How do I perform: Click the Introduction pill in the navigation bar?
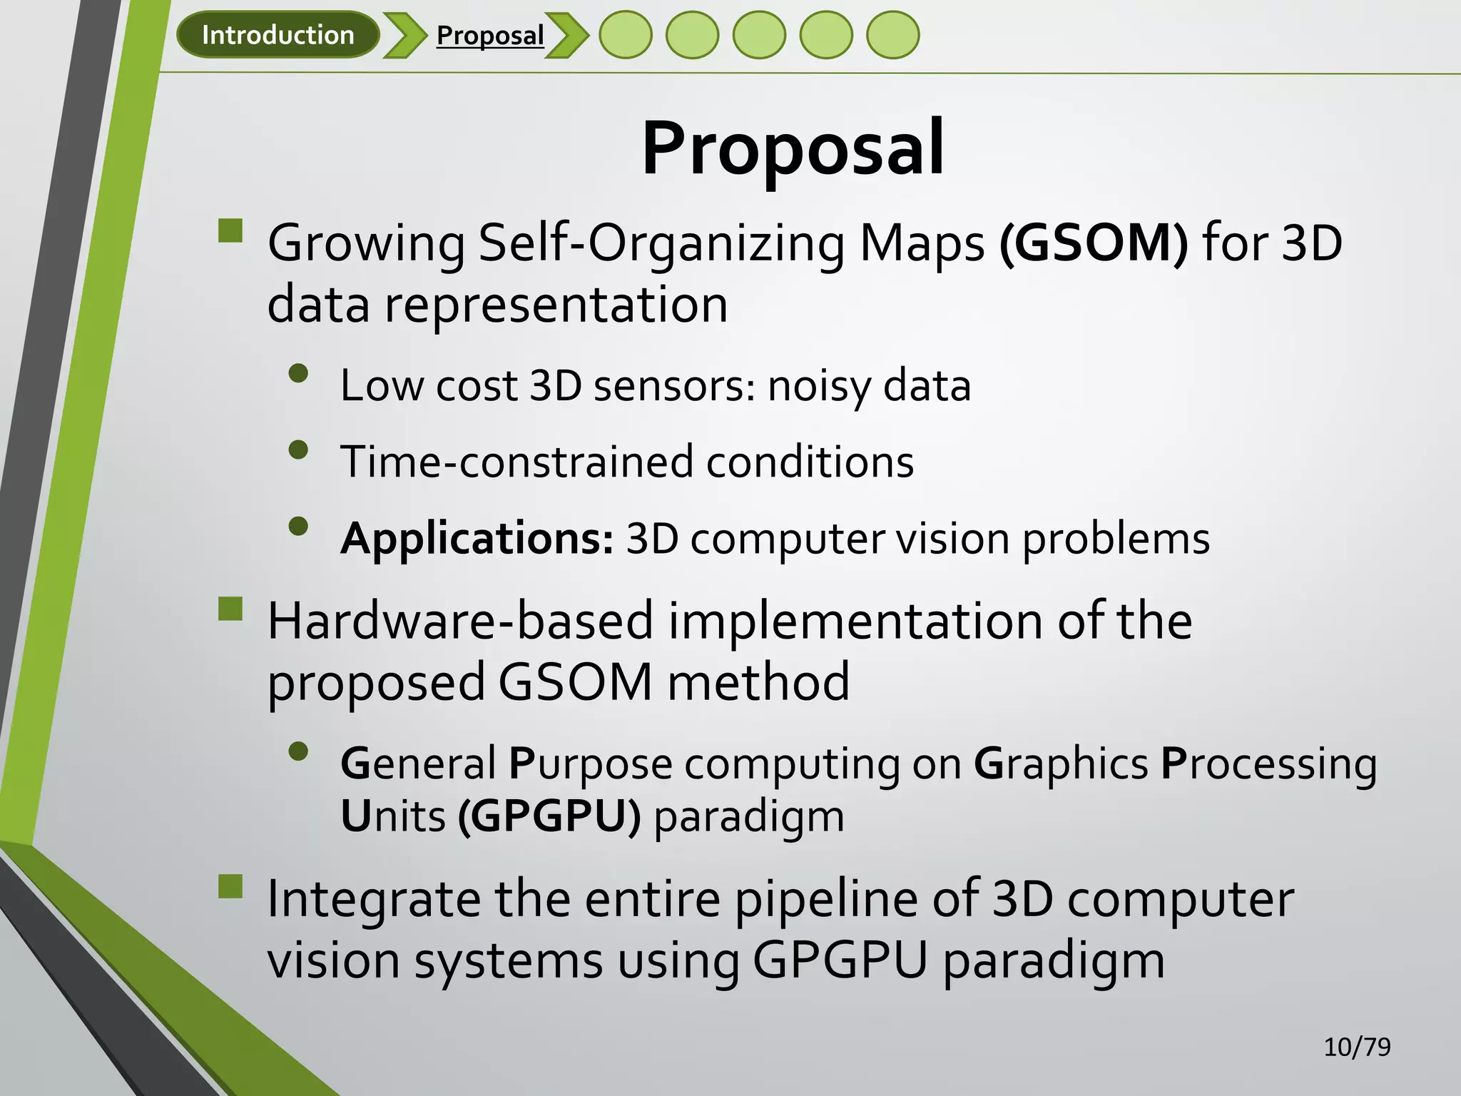pyautogui.click(x=278, y=35)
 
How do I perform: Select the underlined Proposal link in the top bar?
pyautogui.click(x=490, y=35)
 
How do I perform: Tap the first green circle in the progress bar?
pyautogui.click(x=625, y=35)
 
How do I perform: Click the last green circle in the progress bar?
pyautogui.click(x=892, y=35)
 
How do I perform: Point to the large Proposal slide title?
pyautogui.click(x=793, y=148)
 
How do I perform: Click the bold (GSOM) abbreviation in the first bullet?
pyautogui.click(x=1094, y=243)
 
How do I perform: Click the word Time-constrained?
pyautogui.click(x=516, y=462)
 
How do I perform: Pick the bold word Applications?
pyautogui.click(x=477, y=539)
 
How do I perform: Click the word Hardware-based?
pyautogui.click(x=460, y=621)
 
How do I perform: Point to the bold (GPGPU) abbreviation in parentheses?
pyautogui.click(x=549, y=816)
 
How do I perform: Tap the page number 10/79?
pyautogui.click(x=1357, y=1047)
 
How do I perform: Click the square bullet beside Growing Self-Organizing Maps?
pyautogui.click(x=230, y=231)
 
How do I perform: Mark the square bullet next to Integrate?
pyautogui.click(x=230, y=887)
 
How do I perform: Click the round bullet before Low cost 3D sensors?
pyautogui.click(x=298, y=374)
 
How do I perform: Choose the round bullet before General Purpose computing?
pyautogui.click(x=298, y=751)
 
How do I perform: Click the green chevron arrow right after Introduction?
pyautogui.click(x=404, y=35)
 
